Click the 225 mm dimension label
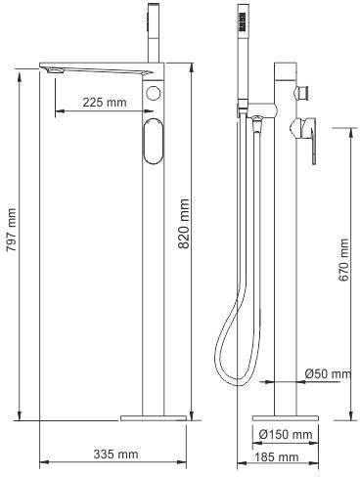[x=105, y=103]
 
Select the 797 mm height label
[x=12, y=230]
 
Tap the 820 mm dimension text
[x=184, y=224]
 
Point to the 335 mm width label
[x=115, y=454]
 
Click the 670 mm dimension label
[x=343, y=260]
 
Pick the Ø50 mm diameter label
[x=329, y=373]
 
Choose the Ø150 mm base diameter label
[x=286, y=434]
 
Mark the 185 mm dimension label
[x=277, y=456]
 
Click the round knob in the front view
[x=154, y=94]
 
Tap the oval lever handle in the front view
[x=153, y=141]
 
